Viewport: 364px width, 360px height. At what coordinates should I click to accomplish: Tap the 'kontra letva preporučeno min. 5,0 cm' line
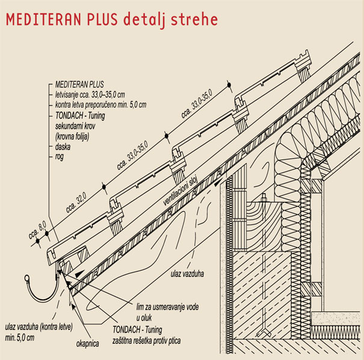coord(101,104)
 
